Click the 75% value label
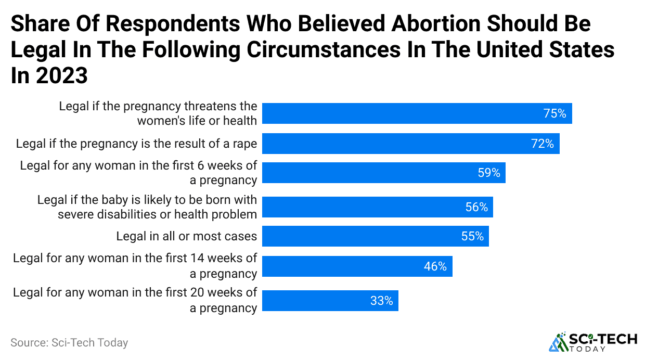click(x=554, y=113)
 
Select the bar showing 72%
click(x=410, y=144)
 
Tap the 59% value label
click(x=489, y=173)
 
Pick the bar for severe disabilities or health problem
click(x=377, y=207)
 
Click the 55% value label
click(x=472, y=236)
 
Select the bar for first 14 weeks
click(x=357, y=266)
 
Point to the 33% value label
click(x=381, y=301)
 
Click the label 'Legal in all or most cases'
click(x=186, y=236)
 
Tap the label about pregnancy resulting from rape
click(x=136, y=144)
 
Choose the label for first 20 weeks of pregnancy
click(x=135, y=300)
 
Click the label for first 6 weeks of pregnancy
click(x=138, y=173)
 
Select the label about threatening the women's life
click(x=158, y=113)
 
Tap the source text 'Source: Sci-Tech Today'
click(x=69, y=343)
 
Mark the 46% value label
click(x=435, y=266)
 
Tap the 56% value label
click(x=476, y=207)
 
